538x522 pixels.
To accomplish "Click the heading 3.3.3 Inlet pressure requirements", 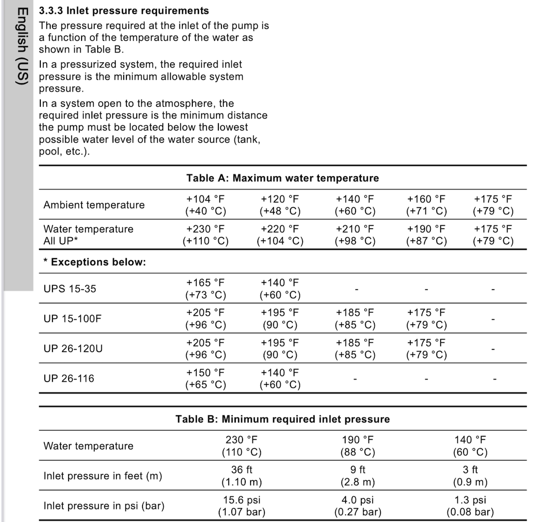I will [x=124, y=11].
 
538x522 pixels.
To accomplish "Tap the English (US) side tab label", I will [x=22, y=47].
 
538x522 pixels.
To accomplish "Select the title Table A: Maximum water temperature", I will [x=282, y=178].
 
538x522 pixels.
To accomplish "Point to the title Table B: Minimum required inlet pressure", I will [x=282, y=419].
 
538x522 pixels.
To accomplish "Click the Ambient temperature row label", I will [x=94, y=205].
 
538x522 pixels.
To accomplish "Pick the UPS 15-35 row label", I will [x=70, y=289].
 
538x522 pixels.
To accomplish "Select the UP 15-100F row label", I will [x=73, y=319].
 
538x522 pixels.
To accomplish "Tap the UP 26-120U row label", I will [x=73, y=348].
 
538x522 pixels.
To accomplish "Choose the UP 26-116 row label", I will [x=69, y=378].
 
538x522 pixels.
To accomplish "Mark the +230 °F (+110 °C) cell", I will [x=205, y=235].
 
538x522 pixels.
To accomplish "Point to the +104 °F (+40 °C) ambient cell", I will [x=205, y=205].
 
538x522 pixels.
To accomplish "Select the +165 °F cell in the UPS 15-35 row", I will [x=205, y=289].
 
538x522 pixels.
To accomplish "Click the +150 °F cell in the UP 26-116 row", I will [x=205, y=378].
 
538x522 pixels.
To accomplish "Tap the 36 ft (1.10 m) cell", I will [x=242, y=476].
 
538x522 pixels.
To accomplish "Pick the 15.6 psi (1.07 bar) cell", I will [x=242, y=506].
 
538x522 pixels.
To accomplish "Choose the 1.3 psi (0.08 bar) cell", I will [x=470, y=506].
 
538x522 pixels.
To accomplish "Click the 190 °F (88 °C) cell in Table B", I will [x=357, y=446].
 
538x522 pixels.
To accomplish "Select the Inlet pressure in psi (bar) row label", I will [x=104, y=506].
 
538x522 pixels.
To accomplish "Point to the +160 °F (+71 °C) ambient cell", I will [x=426, y=205].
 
